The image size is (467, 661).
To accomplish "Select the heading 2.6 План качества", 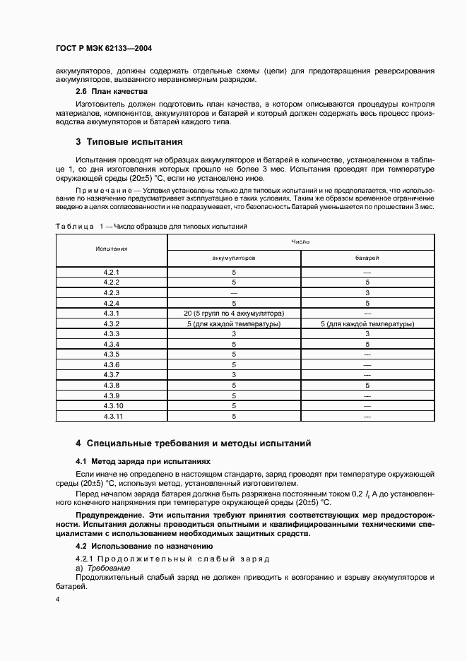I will [x=111, y=91].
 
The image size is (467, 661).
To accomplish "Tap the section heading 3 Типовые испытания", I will [x=129, y=142].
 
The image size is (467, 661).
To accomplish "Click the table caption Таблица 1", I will [x=76, y=227].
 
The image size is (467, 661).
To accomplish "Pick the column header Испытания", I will [x=112, y=249].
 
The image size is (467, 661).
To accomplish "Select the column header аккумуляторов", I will [x=234, y=258].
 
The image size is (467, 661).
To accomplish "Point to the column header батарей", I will [x=367, y=258].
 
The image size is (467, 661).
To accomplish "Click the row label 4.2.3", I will [x=112, y=292].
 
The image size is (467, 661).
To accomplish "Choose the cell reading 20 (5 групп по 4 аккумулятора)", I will [x=234, y=313].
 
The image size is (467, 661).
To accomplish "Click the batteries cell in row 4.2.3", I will [x=367, y=292].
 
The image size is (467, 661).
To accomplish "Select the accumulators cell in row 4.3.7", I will [x=234, y=374].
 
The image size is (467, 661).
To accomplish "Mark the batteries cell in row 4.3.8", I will [x=367, y=386].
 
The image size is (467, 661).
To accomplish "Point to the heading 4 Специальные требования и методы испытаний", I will [x=194, y=443].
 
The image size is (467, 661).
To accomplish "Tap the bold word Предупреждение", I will [x=109, y=516].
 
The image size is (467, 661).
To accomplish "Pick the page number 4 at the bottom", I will [x=58, y=600].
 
